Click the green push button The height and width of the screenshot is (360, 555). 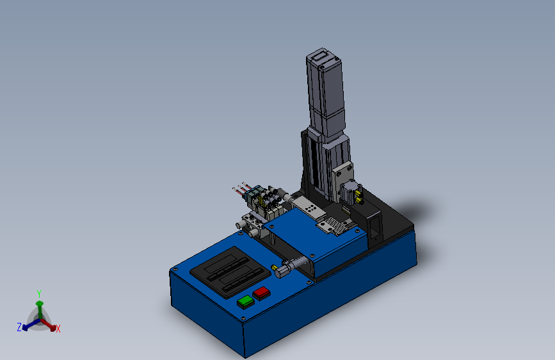click(246, 302)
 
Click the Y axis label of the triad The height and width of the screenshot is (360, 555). click(39, 294)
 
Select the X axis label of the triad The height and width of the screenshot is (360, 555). click(58, 329)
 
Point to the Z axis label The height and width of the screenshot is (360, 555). click(19, 327)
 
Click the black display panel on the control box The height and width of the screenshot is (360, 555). click(230, 272)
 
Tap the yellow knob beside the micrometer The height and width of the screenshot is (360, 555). click(274, 268)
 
